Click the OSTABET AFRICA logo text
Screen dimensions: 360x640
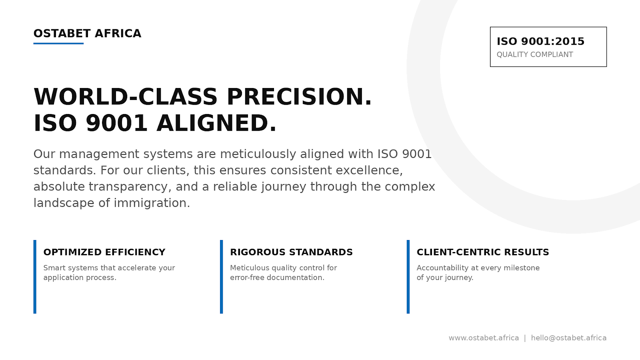click(x=87, y=34)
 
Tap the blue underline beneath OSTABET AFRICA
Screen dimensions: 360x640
click(x=58, y=43)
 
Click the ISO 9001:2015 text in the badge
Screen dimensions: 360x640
click(x=540, y=42)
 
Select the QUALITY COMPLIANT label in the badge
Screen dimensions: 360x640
click(x=535, y=55)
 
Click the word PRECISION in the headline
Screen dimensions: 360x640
click(x=299, y=97)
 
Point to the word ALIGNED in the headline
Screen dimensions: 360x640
click(x=216, y=123)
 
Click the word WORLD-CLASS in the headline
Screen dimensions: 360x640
click(x=126, y=97)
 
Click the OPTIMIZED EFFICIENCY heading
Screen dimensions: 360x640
click(x=104, y=252)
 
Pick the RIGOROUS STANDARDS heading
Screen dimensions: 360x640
click(x=291, y=252)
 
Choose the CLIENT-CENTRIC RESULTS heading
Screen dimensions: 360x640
click(x=483, y=252)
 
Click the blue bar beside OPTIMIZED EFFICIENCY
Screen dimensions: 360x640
click(x=35, y=277)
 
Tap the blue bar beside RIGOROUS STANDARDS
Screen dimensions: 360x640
click(x=221, y=277)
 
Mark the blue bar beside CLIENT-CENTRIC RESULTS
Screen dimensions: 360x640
click(x=408, y=277)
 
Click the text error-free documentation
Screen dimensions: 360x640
click(x=277, y=278)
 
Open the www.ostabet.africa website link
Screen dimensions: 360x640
click(x=484, y=338)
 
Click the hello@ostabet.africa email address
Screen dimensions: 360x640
click(x=568, y=338)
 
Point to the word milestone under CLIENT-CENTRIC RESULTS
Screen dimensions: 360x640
click(x=521, y=268)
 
